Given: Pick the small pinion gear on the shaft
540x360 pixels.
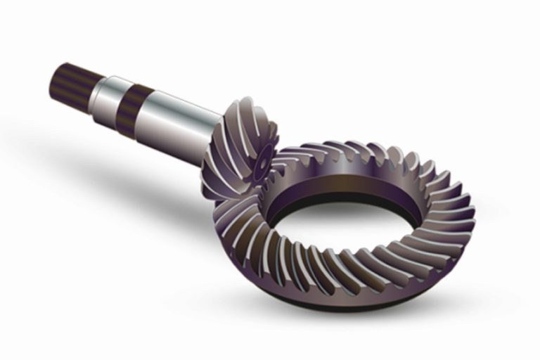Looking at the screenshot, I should [x=239, y=151].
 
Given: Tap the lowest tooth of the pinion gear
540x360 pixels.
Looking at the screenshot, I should [x=225, y=197].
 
